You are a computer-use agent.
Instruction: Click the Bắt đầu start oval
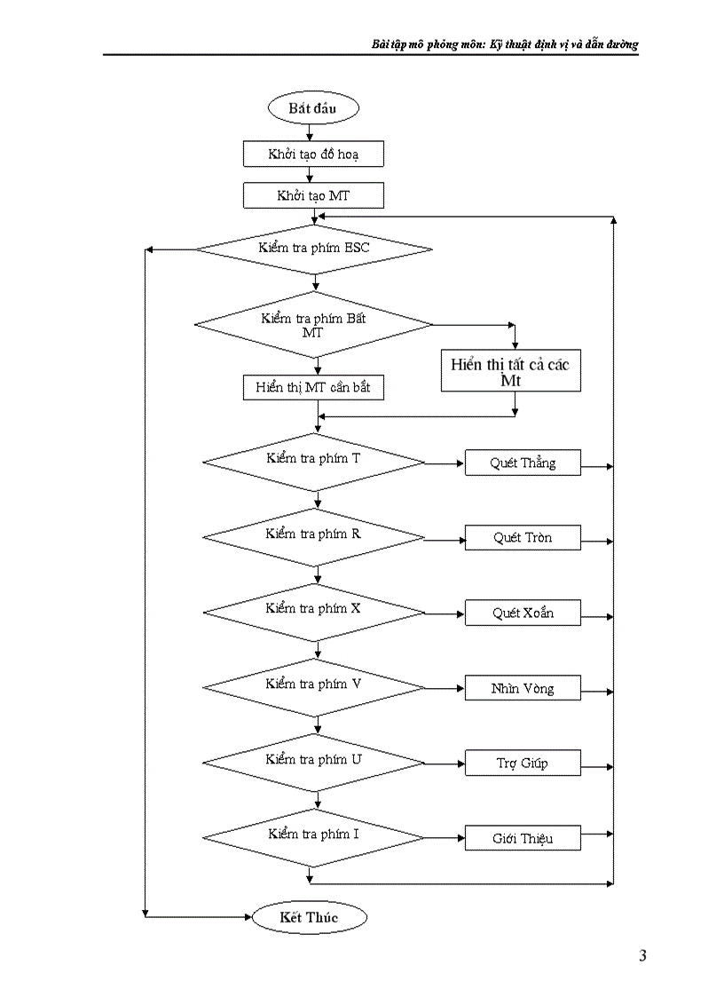pyautogui.click(x=312, y=108)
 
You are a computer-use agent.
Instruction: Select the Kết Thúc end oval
pyautogui.click(x=309, y=917)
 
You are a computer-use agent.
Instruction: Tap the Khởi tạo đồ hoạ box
pyautogui.click(x=313, y=154)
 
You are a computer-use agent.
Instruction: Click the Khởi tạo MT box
pyautogui.click(x=313, y=195)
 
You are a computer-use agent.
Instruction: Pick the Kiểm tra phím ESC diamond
pyautogui.click(x=314, y=248)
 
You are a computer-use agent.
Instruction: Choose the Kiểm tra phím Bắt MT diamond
pyautogui.click(x=314, y=325)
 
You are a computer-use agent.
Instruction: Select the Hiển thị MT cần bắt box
pyautogui.click(x=313, y=388)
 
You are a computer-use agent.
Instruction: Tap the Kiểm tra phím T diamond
pyautogui.click(x=314, y=463)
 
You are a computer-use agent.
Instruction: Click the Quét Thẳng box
pyautogui.click(x=523, y=463)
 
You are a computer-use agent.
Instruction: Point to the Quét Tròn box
pyautogui.click(x=523, y=538)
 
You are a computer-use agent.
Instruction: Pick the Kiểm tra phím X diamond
pyautogui.click(x=314, y=613)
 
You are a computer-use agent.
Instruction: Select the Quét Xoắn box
pyautogui.click(x=523, y=613)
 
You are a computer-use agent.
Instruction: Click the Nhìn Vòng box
pyautogui.click(x=523, y=688)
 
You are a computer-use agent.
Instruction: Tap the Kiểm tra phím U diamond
pyautogui.click(x=314, y=763)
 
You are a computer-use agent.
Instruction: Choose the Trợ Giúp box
pyautogui.click(x=523, y=764)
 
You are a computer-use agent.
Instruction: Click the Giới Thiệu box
pyautogui.click(x=523, y=838)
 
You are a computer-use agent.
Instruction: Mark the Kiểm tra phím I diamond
pyautogui.click(x=314, y=837)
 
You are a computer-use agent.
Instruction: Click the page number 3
pyautogui.click(x=642, y=956)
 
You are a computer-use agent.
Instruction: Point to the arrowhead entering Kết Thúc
pyautogui.click(x=248, y=916)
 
